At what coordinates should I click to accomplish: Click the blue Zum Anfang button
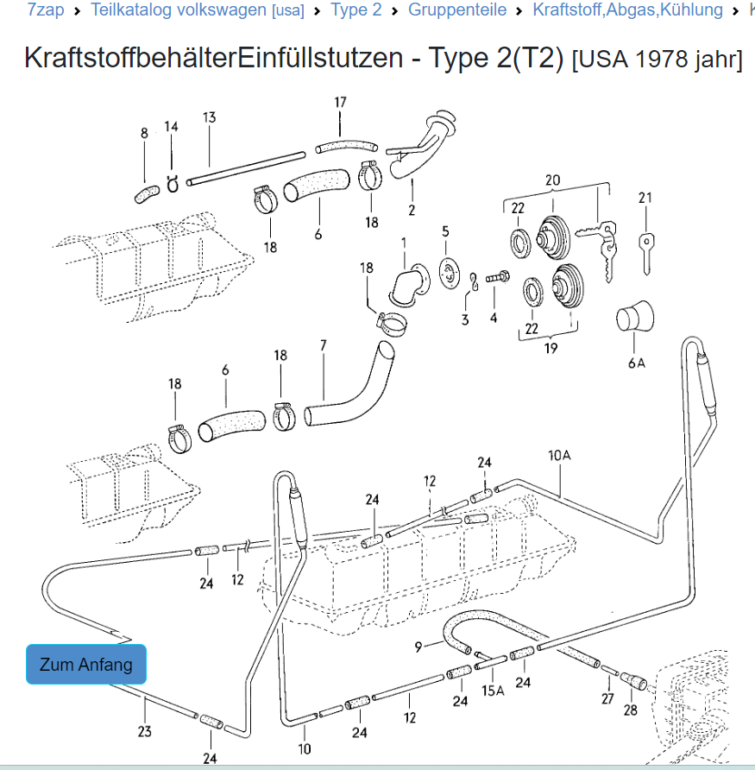pos(86,664)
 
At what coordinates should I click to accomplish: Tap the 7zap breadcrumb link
pos(45,9)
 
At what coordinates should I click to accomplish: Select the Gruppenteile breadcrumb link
pos(457,9)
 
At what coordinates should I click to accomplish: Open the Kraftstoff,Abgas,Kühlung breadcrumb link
pos(628,9)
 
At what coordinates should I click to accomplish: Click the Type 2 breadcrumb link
pos(355,9)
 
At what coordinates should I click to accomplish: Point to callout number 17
pos(340,102)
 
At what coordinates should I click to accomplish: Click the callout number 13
pos(209,117)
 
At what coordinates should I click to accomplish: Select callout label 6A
pos(637,363)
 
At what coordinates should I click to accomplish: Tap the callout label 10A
pos(559,455)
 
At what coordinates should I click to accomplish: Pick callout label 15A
pos(493,691)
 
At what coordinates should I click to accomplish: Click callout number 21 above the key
pos(645,198)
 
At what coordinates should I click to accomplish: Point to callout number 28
pos(630,710)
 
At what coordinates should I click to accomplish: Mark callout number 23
pos(144,731)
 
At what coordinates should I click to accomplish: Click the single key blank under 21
pos(646,254)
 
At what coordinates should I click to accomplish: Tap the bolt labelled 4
pos(498,277)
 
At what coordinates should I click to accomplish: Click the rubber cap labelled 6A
pos(635,316)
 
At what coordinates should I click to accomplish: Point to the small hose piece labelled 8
pos(147,194)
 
